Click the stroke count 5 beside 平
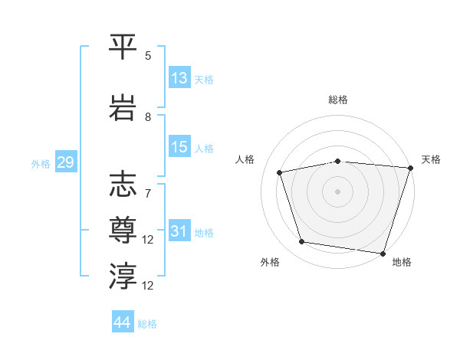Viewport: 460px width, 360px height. pyautogui.click(x=147, y=56)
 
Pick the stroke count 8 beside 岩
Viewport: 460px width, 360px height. pyautogui.click(x=147, y=116)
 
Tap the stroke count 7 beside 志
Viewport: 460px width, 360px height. pyautogui.click(x=147, y=194)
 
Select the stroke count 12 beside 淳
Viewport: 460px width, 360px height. pyautogui.click(x=149, y=286)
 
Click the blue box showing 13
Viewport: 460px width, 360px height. pyautogui.click(x=179, y=78)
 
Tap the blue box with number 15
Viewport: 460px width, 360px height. pyautogui.click(x=179, y=147)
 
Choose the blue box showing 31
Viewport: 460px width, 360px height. pyautogui.click(x=179, y=231)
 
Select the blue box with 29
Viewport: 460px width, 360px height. pyautogui.click(x=65, y=162)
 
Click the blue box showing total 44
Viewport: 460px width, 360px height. pyautogui.click(x=123, y=322)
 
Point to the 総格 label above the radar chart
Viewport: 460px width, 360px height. pyautogui.click(x=338, y=100)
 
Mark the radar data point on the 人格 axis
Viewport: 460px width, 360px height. pyautogui.click(x=280, y=172)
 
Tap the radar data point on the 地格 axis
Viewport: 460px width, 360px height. pyautogui.click(x=383, y=253)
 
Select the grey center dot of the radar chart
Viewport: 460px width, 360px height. pyautogui.click(x=338, y=191)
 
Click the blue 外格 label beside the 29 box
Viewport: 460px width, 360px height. pyautogui.click(x=40, y=163)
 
